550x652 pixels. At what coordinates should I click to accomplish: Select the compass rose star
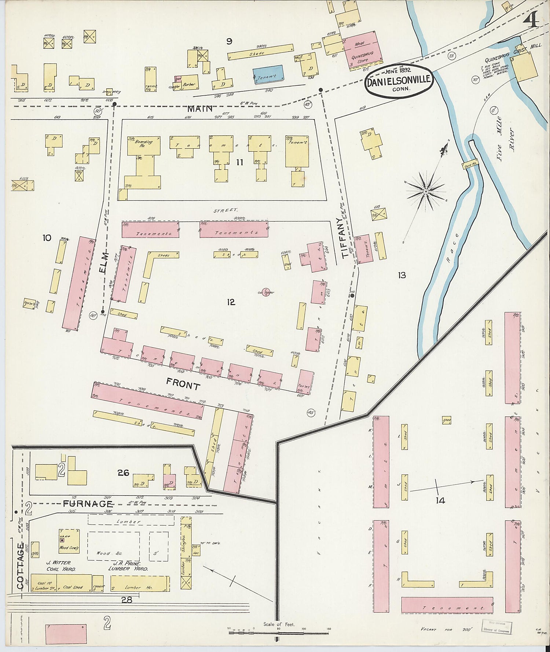point(426,191)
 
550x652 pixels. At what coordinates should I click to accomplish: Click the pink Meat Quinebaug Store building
point(362,50)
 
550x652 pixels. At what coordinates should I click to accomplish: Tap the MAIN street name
point(200,109)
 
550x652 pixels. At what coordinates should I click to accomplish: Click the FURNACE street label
point(88,504)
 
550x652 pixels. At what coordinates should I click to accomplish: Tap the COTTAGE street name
point(21,566)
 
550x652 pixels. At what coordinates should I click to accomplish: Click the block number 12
point(231,302)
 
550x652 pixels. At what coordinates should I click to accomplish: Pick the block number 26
point(123,473)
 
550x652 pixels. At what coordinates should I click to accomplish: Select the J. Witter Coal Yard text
point(61,566)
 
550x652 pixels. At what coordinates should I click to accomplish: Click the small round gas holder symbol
point(266,292)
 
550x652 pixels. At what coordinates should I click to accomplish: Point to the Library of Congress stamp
point(497,627)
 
